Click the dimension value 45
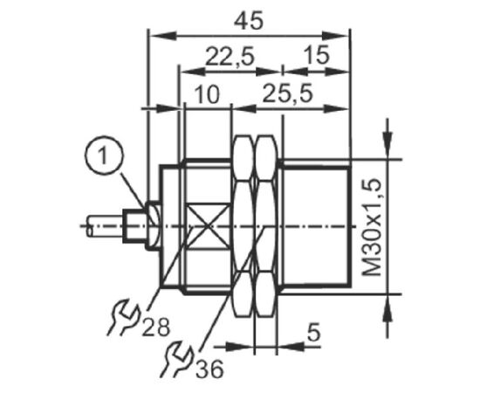coord(248,22)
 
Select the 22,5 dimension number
coord(230,57)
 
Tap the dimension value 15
coord(317,55)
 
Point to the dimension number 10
coord(207,94)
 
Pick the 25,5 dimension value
coord(288,93)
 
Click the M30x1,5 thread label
coord(373,228)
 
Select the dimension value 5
coord(313,333)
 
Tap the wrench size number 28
coord(156,327)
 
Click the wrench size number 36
coord(209,369)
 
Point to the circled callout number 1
coord(104,155)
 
